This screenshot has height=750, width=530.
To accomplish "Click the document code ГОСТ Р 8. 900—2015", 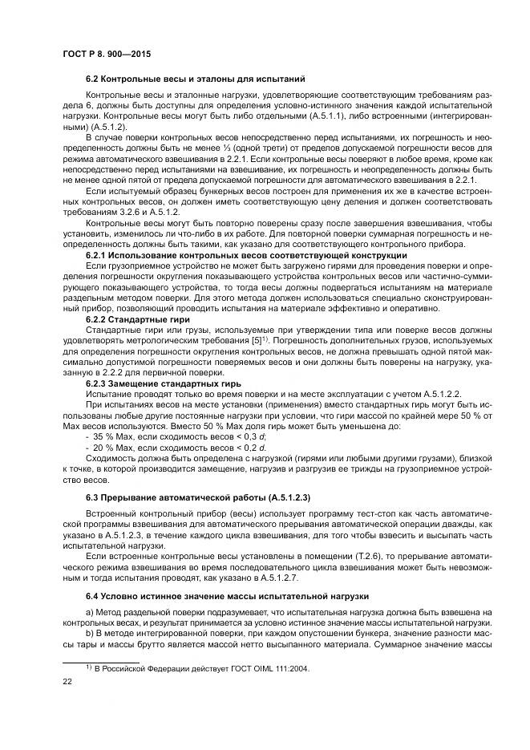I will (x=107, y=53).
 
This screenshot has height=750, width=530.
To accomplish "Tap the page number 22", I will (x=67, y=681).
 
